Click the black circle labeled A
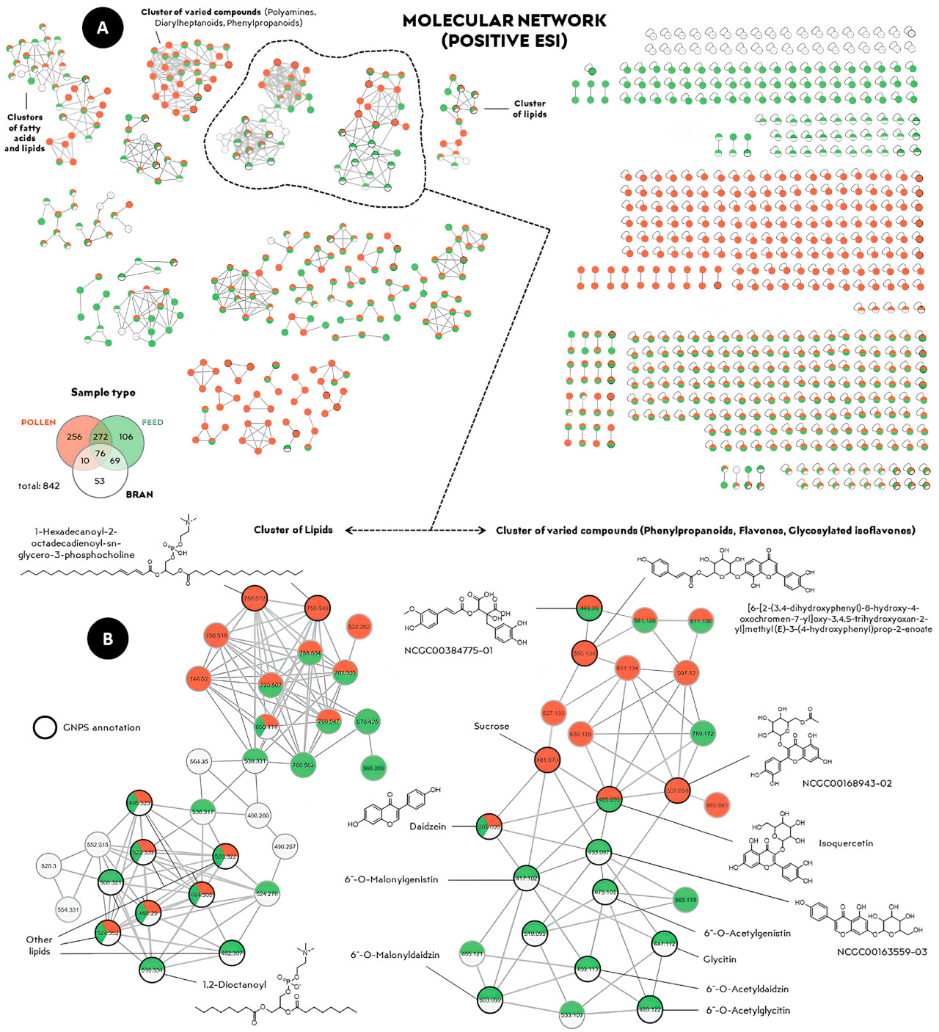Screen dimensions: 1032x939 point(103,28)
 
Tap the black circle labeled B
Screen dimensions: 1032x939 point(108,639)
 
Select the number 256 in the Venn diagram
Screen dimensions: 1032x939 point(74,437)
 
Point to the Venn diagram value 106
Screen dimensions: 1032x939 point(126,437)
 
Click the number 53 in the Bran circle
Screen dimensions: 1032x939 point(100,481)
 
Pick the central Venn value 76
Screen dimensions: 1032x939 point(101,453)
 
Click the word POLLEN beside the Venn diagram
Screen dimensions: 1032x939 point(38,422)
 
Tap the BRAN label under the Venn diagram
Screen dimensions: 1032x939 point(139,495)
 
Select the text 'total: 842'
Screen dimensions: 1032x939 point(39,486)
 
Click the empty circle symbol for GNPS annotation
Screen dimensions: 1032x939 point(45,727)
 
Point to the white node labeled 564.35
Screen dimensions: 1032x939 point(199,761)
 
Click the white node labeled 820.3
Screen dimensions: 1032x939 point(48,866)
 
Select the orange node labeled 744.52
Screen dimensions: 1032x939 point(199,679)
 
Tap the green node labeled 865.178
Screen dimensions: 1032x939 point(686,899)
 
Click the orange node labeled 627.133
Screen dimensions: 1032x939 point(554,713)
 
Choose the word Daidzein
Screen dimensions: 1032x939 point(428,826)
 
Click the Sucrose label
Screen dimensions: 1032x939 point(492,726)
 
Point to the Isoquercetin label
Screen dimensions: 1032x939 point(846,843)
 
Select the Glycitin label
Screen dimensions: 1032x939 point(720,959)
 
